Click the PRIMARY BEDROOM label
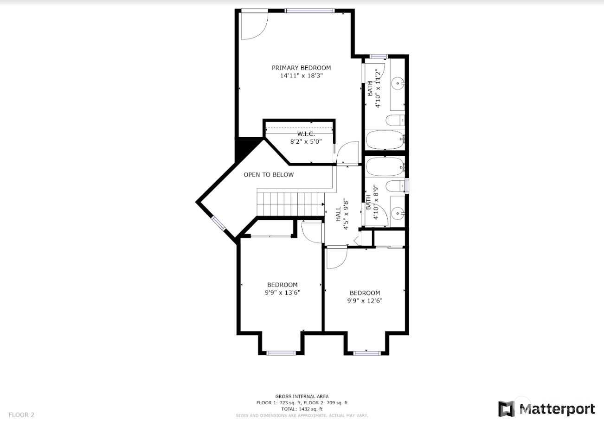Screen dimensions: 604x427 (x=301, y=68)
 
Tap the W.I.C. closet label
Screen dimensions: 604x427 (x=306, y=134)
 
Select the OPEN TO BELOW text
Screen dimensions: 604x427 (x=269, y=175)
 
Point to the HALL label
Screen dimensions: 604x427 (x=338, y=215)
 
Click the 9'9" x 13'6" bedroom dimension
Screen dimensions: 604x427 (x=283, y=293)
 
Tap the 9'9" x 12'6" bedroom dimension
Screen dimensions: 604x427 (x=365, y=300)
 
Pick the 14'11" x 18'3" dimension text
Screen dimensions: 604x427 (x=301, y=76)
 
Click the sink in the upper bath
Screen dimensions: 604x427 (x=398, y=83)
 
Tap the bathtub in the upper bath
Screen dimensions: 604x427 (x=386, y=140)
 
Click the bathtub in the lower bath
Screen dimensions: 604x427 (x=386, y=167)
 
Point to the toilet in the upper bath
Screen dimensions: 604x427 (x=395, y=120)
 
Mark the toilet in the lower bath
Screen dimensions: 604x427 (x=395, y=186)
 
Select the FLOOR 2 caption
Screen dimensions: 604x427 (x=21, y=415)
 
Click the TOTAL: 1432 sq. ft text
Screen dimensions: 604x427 (x=302, y=409)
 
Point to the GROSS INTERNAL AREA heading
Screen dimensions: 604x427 (x=302, y=396)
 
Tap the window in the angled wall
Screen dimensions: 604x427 (x=218, y=223)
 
